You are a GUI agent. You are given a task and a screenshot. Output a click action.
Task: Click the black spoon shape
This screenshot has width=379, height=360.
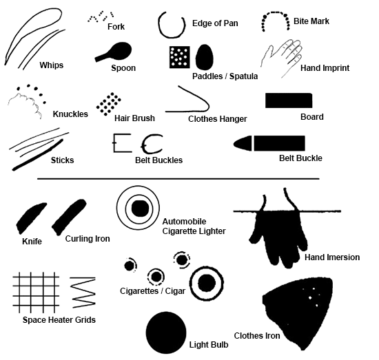coord(117,52)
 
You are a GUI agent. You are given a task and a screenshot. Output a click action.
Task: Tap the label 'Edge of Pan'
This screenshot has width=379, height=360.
coord(215,23)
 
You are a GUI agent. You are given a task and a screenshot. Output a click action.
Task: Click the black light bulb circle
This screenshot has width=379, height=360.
coord(167,332)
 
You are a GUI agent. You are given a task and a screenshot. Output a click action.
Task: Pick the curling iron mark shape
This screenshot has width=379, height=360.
coord(68,215)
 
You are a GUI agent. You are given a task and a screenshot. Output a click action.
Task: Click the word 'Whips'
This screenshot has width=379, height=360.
coord(51,65)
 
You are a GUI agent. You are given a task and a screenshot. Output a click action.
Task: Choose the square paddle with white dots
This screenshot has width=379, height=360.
coord(179,57)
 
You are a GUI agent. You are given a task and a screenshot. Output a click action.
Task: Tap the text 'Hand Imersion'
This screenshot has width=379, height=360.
coord(331,257)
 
